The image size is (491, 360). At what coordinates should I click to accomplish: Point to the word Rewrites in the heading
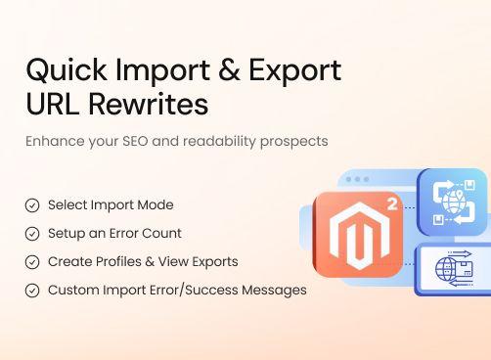151,103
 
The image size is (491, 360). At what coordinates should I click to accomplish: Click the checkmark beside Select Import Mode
32,205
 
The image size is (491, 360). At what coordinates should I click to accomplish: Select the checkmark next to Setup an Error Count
32,234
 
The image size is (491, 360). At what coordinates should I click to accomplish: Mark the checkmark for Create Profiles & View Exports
32,262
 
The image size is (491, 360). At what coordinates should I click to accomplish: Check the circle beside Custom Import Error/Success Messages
32,291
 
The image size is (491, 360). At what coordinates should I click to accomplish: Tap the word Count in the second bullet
163,234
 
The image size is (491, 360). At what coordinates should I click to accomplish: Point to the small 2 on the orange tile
391,205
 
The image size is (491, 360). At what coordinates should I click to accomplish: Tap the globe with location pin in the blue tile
453,202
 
